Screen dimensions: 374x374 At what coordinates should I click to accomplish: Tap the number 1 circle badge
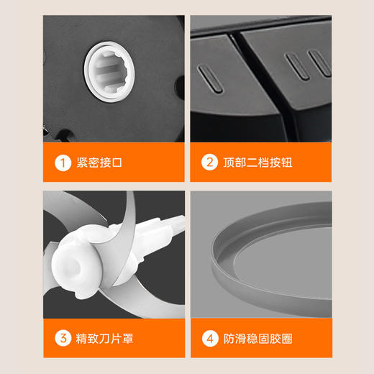[x=64, y=163]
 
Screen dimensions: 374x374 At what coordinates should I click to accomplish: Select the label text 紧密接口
[x=99, y=163]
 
